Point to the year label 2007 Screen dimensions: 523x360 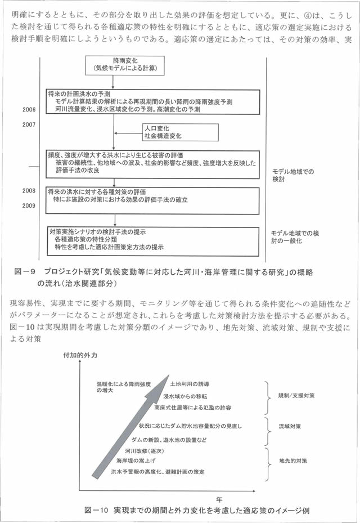click(29, 124)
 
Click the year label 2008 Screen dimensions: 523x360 click(29, 191)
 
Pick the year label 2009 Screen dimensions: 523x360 click(29, 206)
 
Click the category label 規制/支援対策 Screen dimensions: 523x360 click(296, 395)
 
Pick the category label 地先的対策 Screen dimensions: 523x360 click(292, 460)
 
